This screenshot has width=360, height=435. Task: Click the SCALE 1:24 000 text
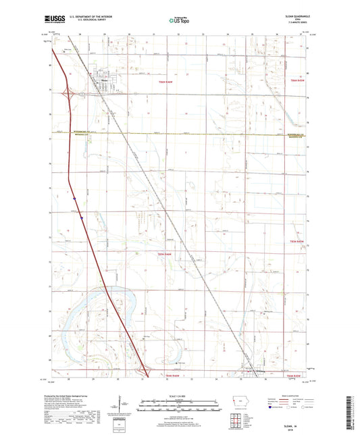(x=180, y=394)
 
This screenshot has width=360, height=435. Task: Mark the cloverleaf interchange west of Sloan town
(x=68, y=94)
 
